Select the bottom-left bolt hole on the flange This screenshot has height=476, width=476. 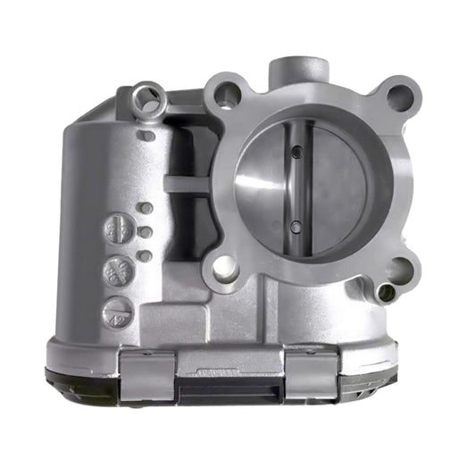tap(224, 265)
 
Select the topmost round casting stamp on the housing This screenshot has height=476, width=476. tap(116, 229)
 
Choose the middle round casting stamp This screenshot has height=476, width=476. tap(116, 270)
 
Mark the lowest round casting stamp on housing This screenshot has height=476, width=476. tap(117, 311)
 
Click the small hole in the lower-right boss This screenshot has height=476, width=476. tap(387, 292)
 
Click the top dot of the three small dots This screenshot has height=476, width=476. tap(145, 209)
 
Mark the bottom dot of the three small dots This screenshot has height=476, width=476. tap(145, 255)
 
